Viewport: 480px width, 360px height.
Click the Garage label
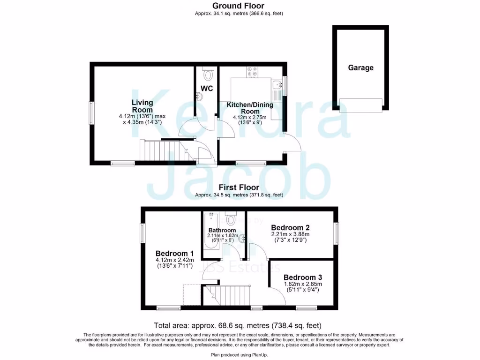pos(360,67)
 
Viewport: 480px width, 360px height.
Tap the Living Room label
pos(142,106)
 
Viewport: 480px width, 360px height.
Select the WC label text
pos(207,88)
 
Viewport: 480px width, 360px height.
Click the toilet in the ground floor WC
pos(208,75)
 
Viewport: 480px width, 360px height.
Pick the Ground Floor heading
pos(239,6)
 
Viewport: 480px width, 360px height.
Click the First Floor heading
pos(239,187)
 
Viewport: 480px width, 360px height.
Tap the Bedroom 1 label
pos(168,250)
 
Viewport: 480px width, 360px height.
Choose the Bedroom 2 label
pos(290,227)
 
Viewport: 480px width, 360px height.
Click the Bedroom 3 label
pos(303,277)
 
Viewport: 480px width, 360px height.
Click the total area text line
pos(238,325)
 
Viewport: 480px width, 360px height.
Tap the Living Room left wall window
pos(92,113)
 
